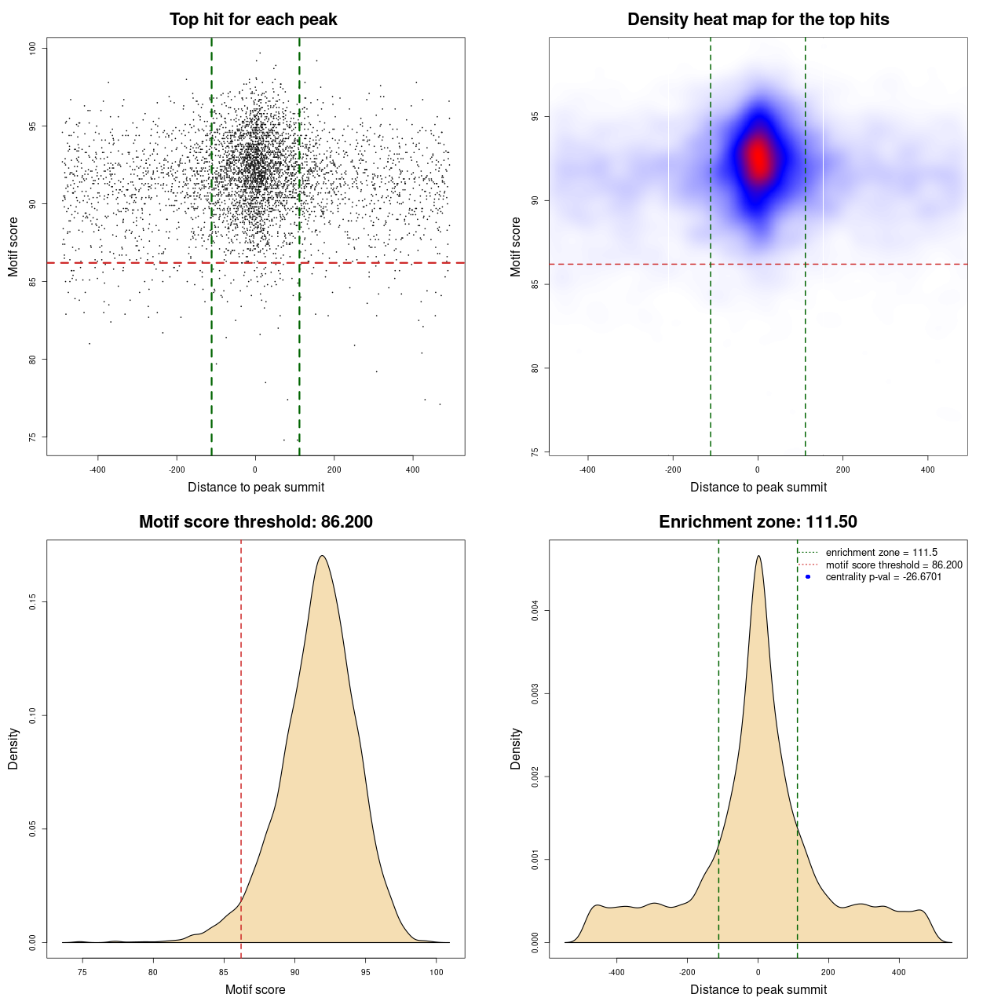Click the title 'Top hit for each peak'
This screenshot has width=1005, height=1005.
point(253,20)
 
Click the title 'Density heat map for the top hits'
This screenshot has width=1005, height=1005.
point(758,20)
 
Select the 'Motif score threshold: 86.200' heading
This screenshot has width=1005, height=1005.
point(255,522)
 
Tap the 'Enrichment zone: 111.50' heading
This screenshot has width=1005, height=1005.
point(758,522)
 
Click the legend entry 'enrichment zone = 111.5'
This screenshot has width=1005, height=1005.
point(881,553)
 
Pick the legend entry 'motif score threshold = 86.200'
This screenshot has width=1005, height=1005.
point(894,565)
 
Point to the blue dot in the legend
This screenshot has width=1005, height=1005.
point(808,577)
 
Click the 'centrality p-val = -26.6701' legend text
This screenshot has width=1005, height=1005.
point(883,577)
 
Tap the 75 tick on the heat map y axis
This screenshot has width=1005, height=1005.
point(535,452)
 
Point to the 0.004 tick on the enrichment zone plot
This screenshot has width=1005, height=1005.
point(535,611)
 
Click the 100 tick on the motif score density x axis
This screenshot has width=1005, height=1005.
point(437,972)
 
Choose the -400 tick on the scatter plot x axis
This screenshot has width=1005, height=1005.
point(97,470)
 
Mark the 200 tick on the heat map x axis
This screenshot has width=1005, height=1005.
point(842,470)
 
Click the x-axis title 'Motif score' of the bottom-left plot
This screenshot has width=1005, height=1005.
point(255,989)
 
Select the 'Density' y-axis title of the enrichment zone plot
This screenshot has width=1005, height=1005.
point(516,748)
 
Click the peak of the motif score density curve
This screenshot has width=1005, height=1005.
point(322,557)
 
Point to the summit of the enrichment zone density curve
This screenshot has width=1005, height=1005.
point(758,557)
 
